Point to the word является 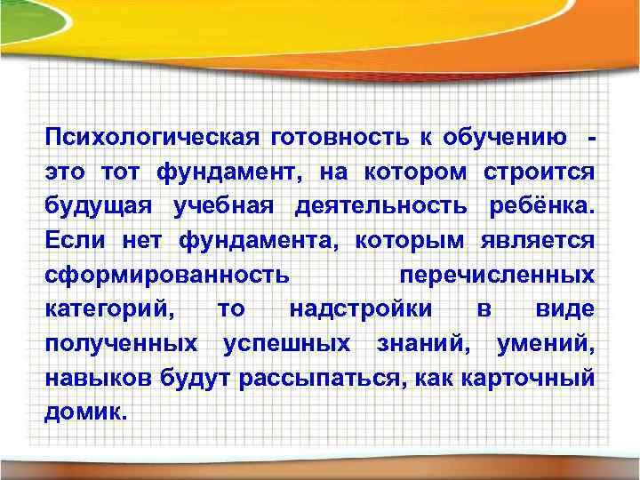[x=537, y=240]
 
